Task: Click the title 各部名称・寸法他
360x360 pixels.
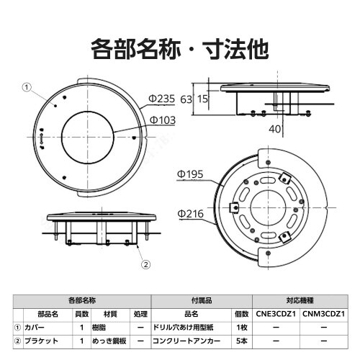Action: pyautogui.click(x=180, y=49)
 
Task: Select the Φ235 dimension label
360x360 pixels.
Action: pyautogui.click(x=162, y=99)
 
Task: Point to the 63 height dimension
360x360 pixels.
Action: pyautogui.click(x=186, y=99)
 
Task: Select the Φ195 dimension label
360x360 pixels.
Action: pyautogui.click(x=192, y=174)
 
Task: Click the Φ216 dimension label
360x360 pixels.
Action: pyautogui.click(x=192, y=213)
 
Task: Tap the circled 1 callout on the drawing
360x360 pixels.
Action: pyautogui.click(x=27, y=87)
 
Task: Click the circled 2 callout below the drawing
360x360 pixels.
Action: pyautogui.click(x=146, y=264)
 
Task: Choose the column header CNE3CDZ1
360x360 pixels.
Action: pyautogui.click(x=276, y=314)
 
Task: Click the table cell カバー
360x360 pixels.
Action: pyautogui.click(x=35, y=327)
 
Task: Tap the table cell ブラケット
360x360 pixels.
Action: pyautogui.click(x=40, y=340)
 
